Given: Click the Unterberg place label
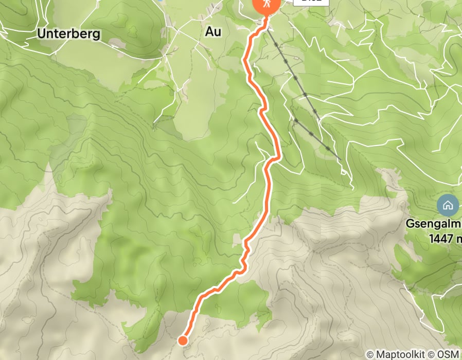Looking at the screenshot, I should [68, 34].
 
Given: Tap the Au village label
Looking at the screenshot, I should [213, 31].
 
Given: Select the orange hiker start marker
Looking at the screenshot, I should [266, 4].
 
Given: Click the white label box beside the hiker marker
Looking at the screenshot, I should [311, 2].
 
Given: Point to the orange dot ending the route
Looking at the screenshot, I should [182, 340].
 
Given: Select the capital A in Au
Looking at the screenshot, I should [209, 31].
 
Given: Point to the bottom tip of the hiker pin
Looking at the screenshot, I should [266, 16].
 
